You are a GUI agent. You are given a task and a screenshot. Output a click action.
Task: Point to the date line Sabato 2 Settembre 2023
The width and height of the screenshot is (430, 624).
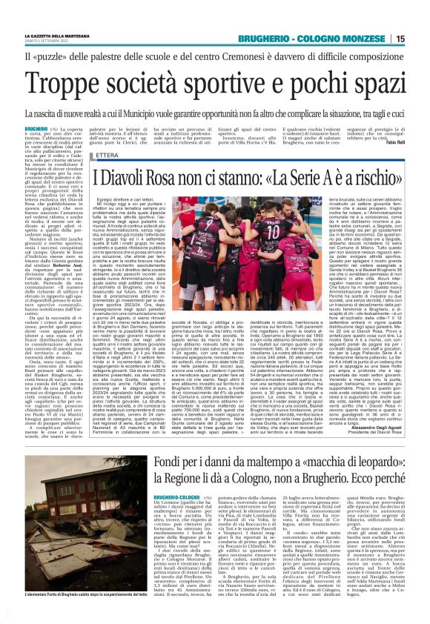click(x=46, y=42)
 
